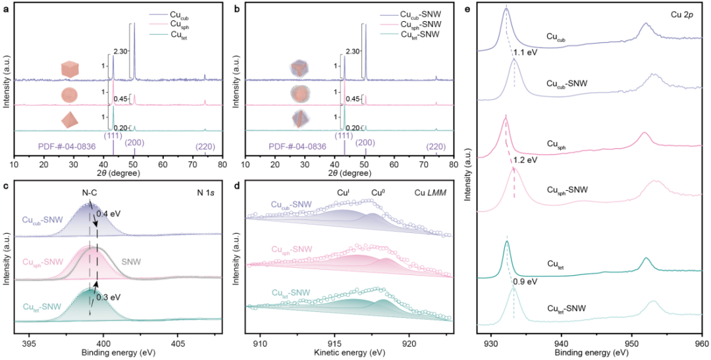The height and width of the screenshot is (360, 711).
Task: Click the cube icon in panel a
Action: pos(69,68)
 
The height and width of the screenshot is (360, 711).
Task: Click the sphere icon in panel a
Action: pos(69,93)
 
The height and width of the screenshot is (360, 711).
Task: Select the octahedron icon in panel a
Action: pos(69,119)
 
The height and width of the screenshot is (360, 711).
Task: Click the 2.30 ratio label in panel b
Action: pos(353,50)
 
